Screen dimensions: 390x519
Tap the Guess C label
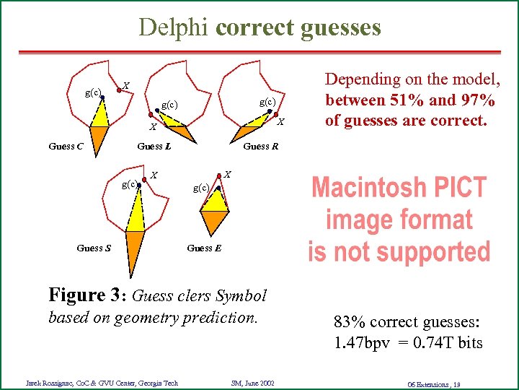(x=66, y=147)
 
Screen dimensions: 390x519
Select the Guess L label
(x=154, y=147)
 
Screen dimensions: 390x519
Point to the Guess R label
(x=261, y=147)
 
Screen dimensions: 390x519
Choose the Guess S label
(x=94, y=248)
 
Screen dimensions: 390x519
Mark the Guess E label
(x=204, y=248)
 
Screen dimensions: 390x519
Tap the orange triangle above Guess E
(x=216, y=220)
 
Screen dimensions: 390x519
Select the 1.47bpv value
(x=359, y=342)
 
